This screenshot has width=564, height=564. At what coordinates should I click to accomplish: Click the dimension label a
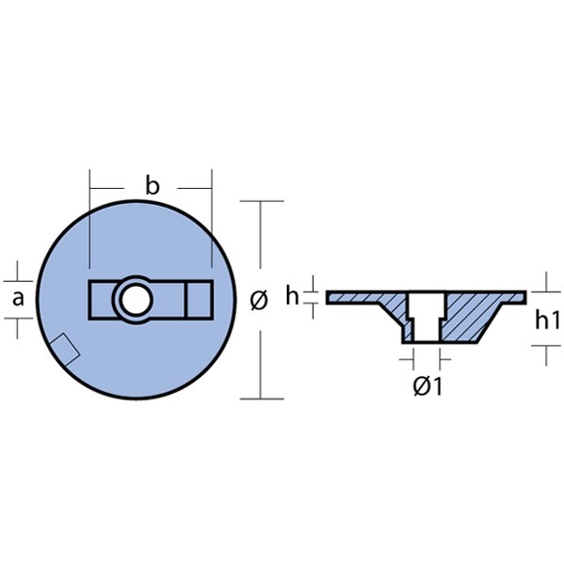click(x=18, y=299)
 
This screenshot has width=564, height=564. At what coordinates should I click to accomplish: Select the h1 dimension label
click(x=547, y=320)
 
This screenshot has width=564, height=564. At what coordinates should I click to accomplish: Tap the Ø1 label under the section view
click(x=427, y=386)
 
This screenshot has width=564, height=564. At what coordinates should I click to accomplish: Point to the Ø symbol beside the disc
click(x=259, y=300)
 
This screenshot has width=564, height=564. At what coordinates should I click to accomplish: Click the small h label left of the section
click(x=292, y=296)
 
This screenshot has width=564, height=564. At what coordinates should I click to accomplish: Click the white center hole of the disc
click(x=136, y=299)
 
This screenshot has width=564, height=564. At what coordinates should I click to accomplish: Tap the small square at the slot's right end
click(x=199, y=299)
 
